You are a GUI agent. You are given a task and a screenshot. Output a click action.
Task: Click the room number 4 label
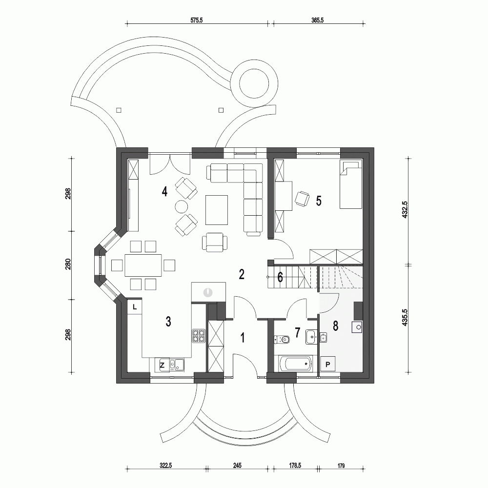coord(165,191)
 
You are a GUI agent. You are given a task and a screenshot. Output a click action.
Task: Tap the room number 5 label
coord(318,201)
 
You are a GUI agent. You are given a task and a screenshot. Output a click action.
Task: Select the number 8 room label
coord(336,326)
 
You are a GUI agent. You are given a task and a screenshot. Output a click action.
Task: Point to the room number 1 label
coord(243,337)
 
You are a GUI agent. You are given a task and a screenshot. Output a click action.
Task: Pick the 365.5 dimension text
coord(318,20)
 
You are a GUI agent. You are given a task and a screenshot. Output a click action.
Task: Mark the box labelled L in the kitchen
coord(135,307)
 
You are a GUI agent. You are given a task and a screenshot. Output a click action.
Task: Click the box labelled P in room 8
coord(328,364)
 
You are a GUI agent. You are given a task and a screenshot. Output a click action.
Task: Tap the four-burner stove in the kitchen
coord(199,335)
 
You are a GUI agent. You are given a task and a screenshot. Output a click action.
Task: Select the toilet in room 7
coord(280,338)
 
